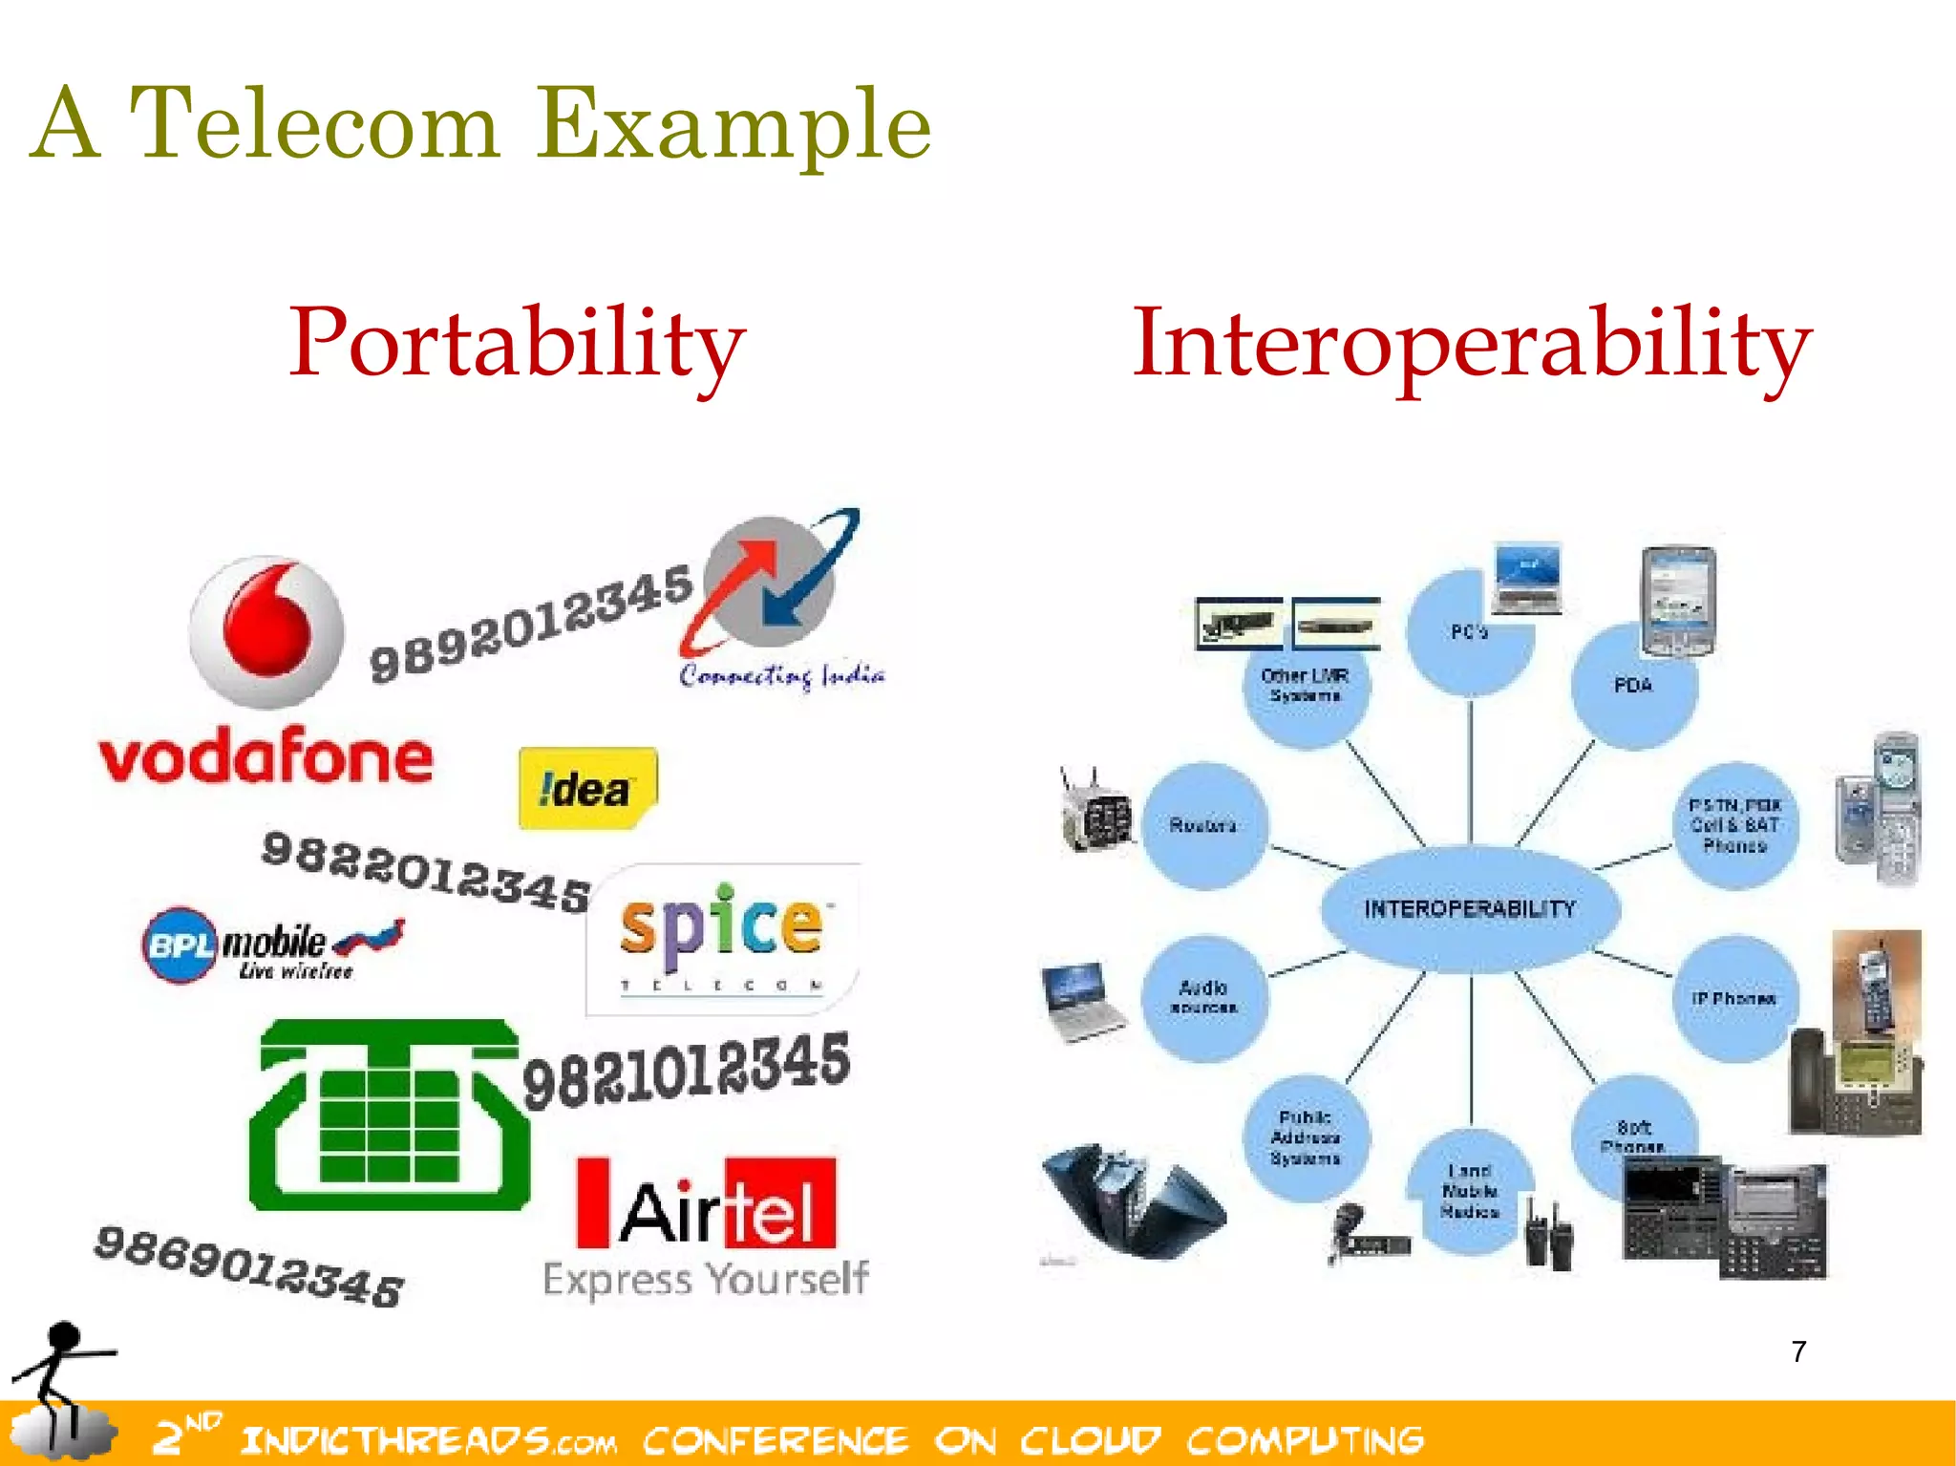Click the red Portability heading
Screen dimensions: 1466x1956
pyautogui.click(x=517, y=343)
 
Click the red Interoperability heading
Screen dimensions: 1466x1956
pyautogui.click(x=1471, y=343)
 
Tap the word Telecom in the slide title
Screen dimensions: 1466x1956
pyautogui.click(x=314, y=123)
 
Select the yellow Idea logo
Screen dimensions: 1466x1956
pyautogui.click(x=587, y=788)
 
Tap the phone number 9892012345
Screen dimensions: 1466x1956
pyautogui.click(x=531, y=623)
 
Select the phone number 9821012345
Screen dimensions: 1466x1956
pyautogui.click(x=687, y=1069)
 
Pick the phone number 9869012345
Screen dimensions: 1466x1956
pyautogui.click(x=249, y=1265)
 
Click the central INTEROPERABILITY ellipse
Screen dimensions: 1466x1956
pyautogui.click(x=1470, y=908)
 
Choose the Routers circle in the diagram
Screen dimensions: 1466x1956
pyautogui.click(x=1203, y=825)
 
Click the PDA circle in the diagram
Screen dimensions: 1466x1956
pyautogui.click(x=1633, y=686)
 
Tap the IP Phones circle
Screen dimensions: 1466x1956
pyautogui.click(x=1734, y=999)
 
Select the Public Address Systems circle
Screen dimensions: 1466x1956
pyautogui.click(x=1306, y=1137)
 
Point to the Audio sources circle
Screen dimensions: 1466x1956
pyautogui.click(x=1203, y=997)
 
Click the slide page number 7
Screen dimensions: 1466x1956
pyautogui.click(x=1798, y=1351)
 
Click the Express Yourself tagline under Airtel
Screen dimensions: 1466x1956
pyautogui.click(x=706, y=1279)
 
